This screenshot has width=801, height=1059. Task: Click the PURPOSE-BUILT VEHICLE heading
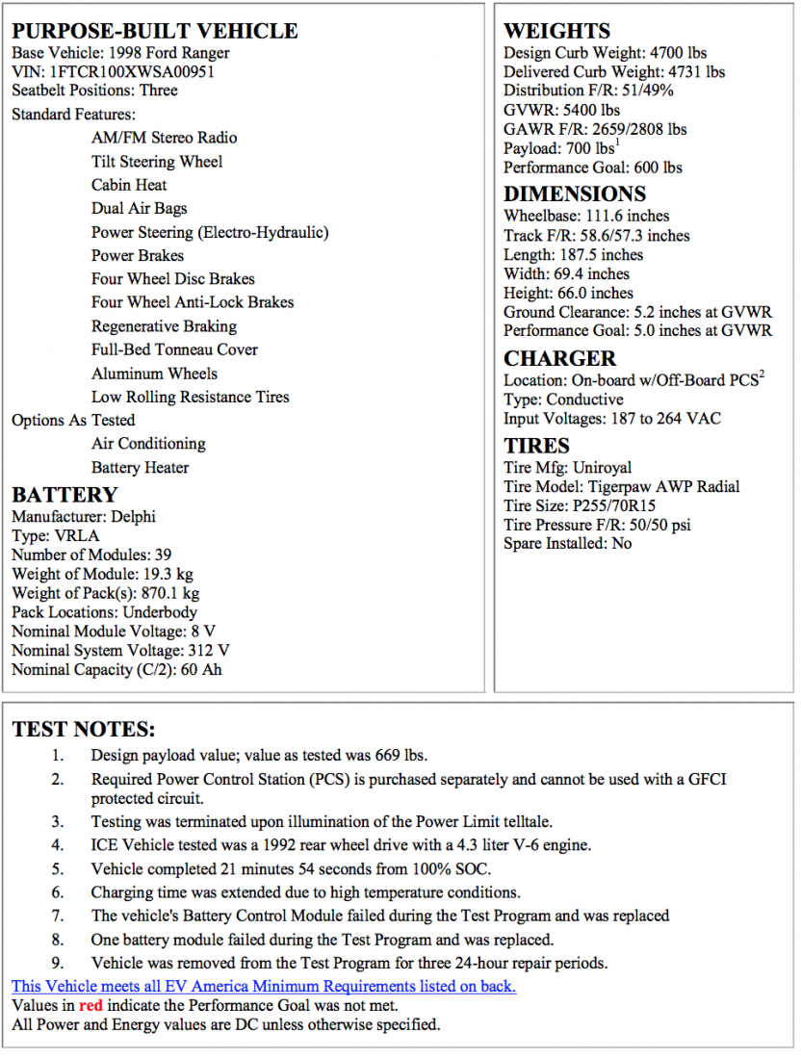tap(155, 30)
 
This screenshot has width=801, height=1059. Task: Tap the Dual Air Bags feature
tap(140, 208)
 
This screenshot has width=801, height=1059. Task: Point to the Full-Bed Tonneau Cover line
tap(174, 349)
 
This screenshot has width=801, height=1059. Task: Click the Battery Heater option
tap(140, 468)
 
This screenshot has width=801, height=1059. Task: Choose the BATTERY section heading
tap(65, 495)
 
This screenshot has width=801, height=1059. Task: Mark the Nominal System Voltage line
tap(120, 651)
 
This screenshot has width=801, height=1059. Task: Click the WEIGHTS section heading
tap(556, 30)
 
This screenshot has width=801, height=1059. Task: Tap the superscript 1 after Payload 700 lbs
tap(617, 143)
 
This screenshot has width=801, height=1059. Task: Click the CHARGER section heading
tap(559, 358)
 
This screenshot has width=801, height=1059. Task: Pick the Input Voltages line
tap(611, 419)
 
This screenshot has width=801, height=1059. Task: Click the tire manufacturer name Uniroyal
tap(603, 467)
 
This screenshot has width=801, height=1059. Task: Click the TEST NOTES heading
tap(84, 729)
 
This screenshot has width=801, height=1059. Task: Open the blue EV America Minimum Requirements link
tap(264, 986)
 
